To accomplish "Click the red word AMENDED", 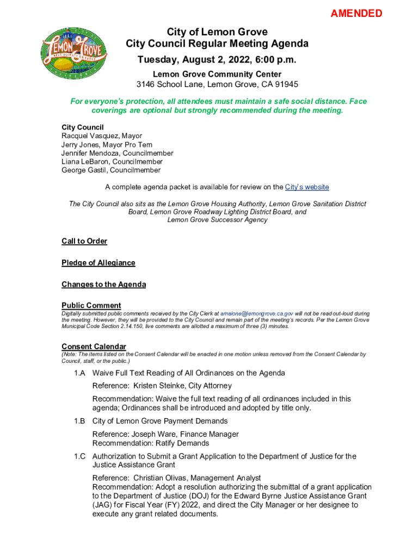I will pos(356,14).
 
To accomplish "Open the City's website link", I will pos(307,187).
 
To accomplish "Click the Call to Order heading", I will pos(84,241).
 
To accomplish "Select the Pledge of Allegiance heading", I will pos(98,263).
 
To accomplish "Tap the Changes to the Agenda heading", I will pos(103,284).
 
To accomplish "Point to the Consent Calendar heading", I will pos(94,346).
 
